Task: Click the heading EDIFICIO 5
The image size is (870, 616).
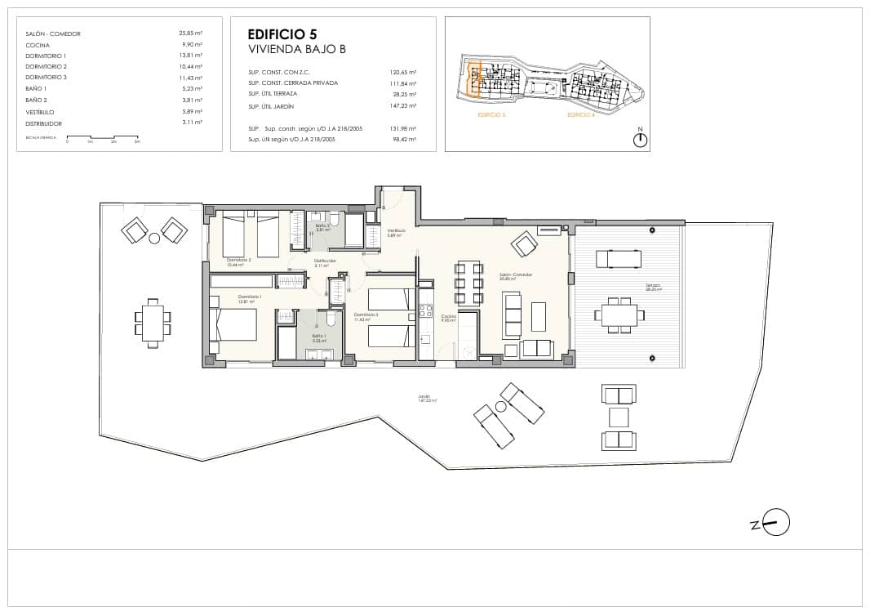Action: [x=282, y=34]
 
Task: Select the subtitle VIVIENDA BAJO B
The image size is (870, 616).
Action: [x=297, y=50]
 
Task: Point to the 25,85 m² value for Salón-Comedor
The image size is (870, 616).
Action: [x=191, y=33]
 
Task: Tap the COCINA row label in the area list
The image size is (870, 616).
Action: [x=38, y=45]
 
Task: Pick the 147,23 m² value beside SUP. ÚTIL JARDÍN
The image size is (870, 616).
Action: [x=403, y=106]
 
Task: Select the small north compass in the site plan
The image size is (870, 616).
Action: [x=641, y=140]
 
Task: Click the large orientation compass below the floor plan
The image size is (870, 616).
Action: [x=776, y=522]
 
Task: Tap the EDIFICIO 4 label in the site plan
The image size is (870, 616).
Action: [x=580, y=116]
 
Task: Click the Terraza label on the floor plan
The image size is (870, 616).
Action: [x=651, y=286]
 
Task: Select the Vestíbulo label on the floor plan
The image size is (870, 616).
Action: [x=396, y=231]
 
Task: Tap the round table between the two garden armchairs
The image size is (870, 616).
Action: [x=154, y=238]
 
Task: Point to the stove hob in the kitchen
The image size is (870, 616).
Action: [x=424, y=310]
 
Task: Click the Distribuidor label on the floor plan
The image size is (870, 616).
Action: [x=325, y=261]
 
